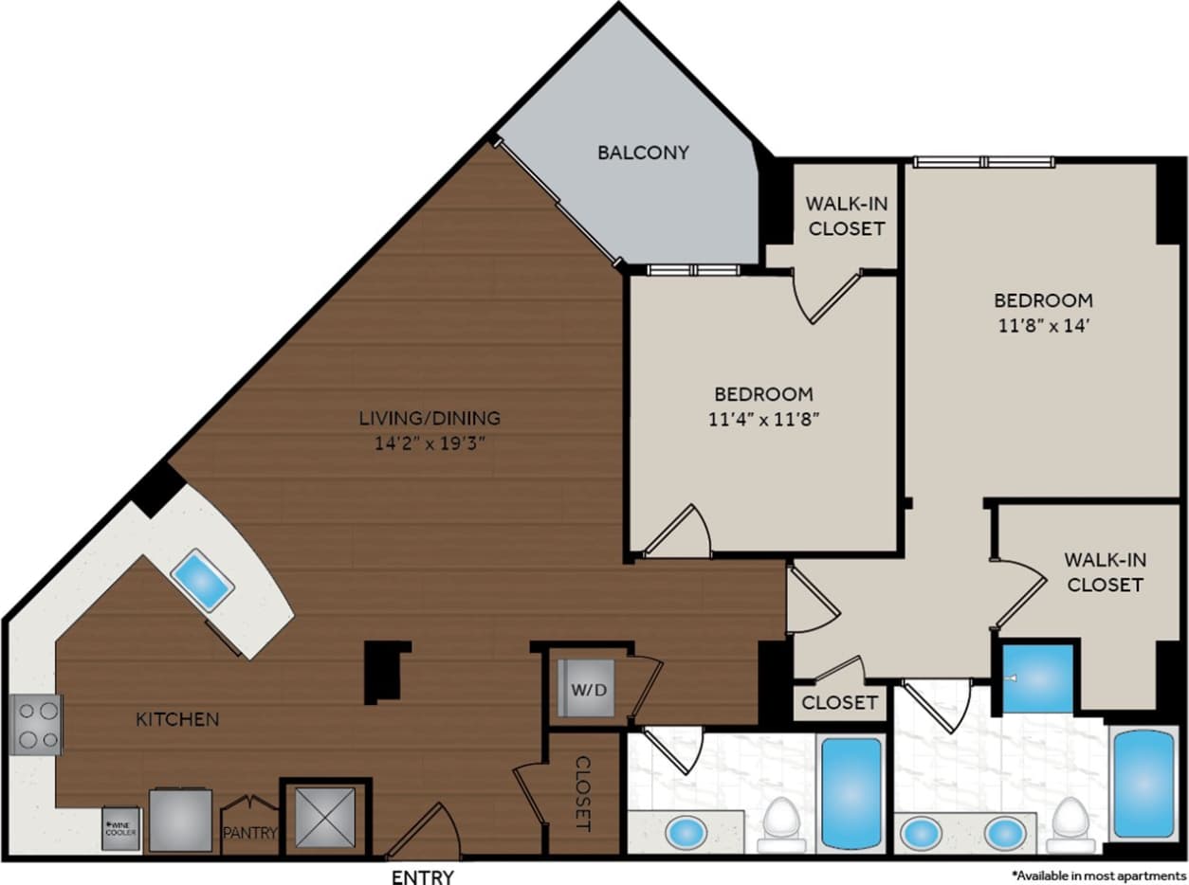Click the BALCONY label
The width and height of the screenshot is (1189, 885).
(x=643, y=153)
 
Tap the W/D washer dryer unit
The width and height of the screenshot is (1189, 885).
(x=582, y=689)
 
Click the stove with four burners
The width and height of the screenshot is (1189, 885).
(x=36, y=724)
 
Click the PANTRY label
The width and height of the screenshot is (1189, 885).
(x=250, y=834)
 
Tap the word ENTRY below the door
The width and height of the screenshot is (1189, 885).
(x=423, y=876)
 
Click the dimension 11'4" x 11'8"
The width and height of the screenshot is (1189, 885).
(x=763, y=420)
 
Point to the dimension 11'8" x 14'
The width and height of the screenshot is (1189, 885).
(x=1043, y=326)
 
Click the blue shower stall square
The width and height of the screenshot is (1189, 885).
(x=1037, y=678)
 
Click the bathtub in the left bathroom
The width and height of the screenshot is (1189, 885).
(x=851, y=792)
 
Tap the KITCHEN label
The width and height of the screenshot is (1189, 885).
(x=178, y=719)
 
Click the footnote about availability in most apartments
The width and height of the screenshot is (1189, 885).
(x=1098, y=875)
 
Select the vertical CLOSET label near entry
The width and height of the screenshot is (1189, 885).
(x=583, y=794)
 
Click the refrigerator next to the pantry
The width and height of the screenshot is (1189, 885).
(x=179, y=820)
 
